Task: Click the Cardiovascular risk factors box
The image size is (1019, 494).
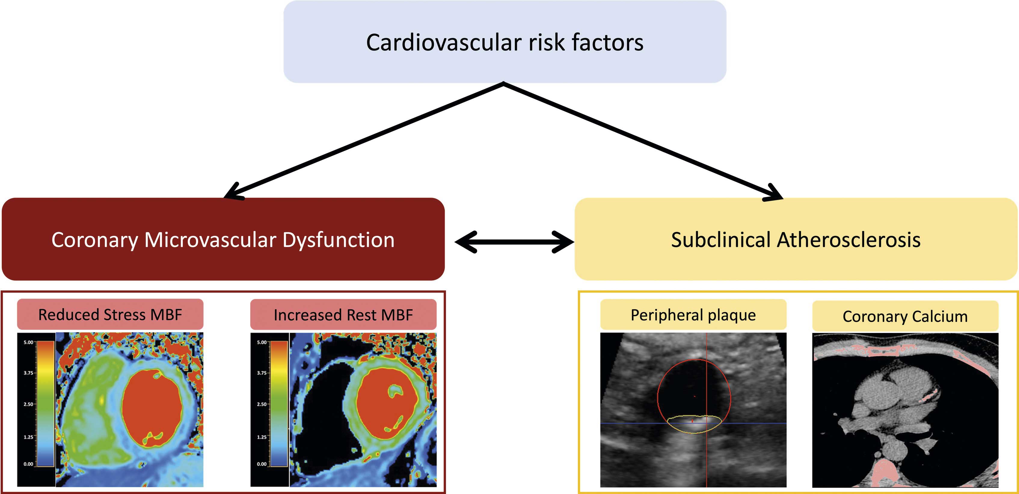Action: pos(505,41)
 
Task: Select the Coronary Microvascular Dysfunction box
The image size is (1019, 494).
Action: pos(223,239)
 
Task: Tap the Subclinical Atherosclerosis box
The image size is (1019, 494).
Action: pos(796,239)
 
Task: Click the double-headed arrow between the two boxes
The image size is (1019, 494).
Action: pos(514,241)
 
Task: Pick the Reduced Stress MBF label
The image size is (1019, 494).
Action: pos(110,314)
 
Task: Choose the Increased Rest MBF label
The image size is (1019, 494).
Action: pos(343,315)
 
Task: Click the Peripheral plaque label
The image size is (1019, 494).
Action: pos(693,315)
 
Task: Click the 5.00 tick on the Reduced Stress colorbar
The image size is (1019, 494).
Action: pos(29,342)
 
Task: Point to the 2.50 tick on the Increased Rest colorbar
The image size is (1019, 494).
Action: pos(262,404)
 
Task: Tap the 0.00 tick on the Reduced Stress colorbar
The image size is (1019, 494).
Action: pos(29,464)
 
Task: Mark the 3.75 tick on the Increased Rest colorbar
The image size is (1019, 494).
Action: pos(262,373)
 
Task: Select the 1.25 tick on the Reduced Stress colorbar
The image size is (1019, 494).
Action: pos(29,437)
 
